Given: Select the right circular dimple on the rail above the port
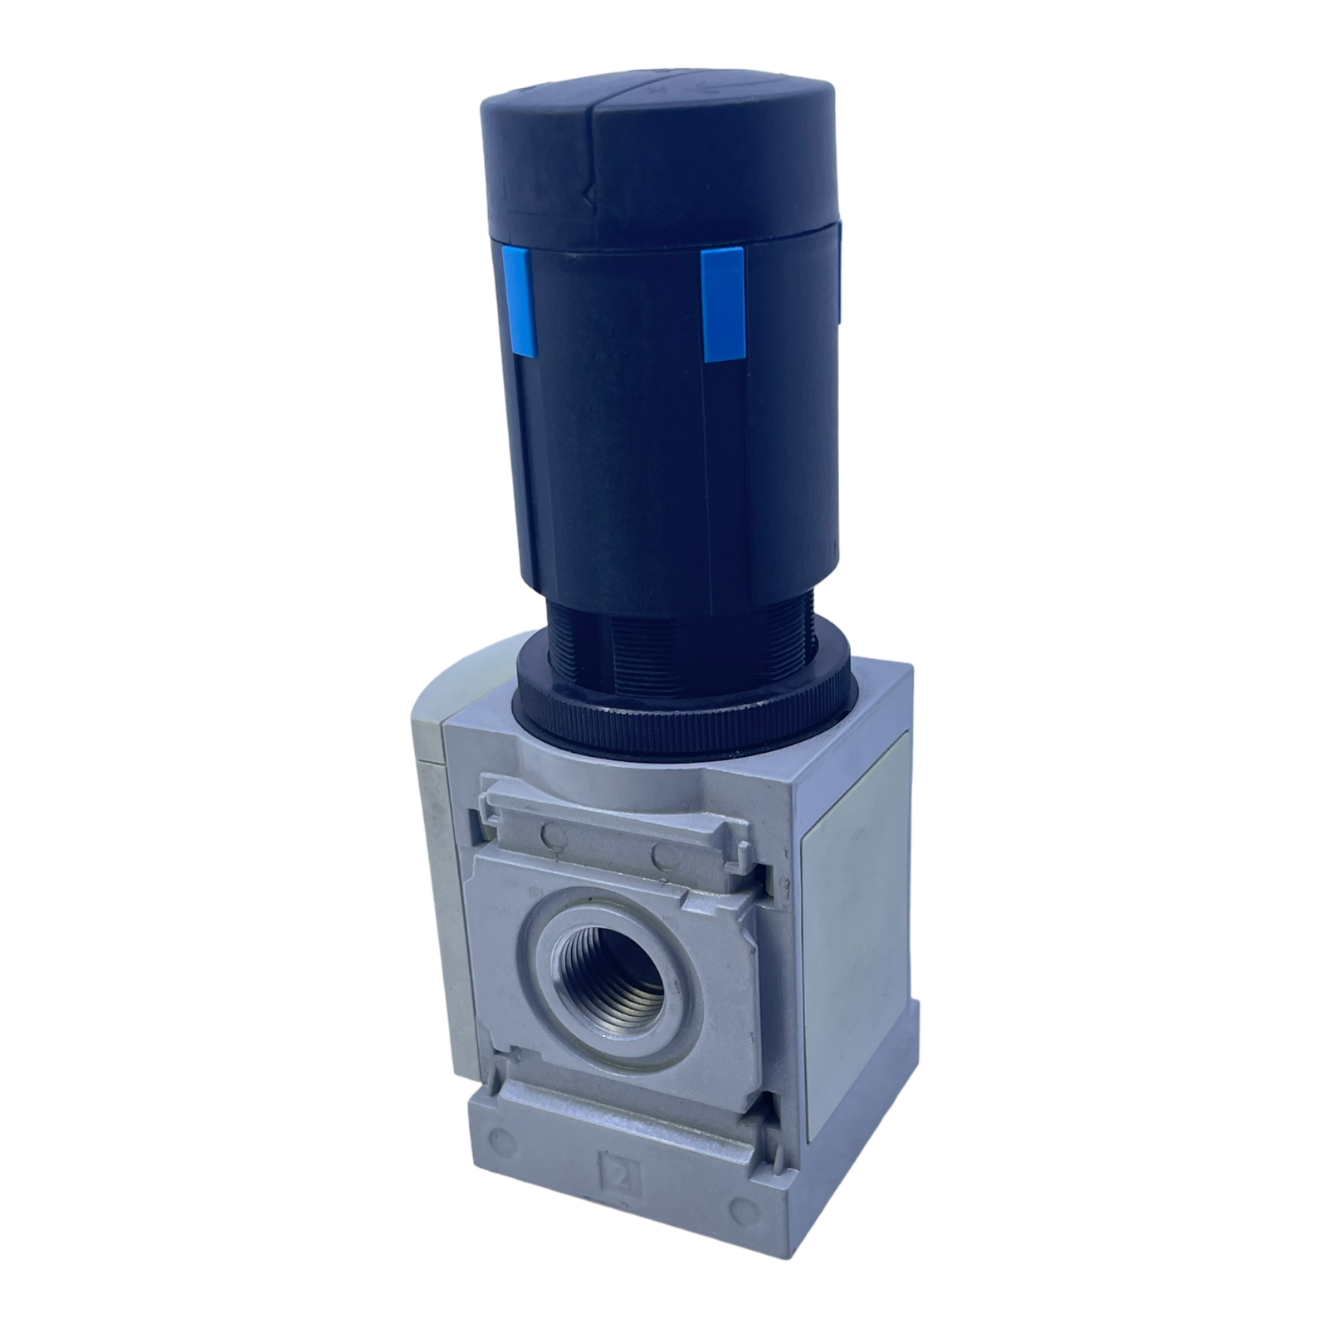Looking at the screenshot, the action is tap(662, 854).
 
